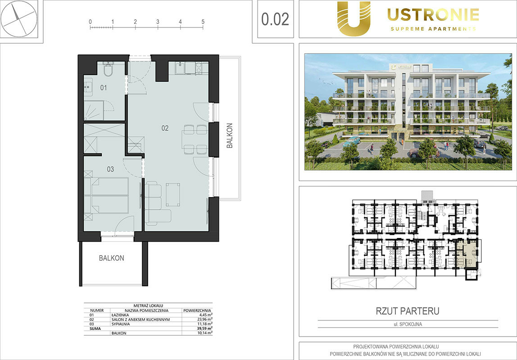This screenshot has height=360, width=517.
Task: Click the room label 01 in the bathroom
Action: (x=104, y=88)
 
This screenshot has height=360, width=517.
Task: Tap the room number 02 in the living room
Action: (x=165, y=128)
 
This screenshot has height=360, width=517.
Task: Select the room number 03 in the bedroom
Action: (x=110, y=169)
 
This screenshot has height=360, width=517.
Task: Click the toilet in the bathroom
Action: (x=108, y=70)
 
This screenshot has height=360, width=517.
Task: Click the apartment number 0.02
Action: (x=275, y=19)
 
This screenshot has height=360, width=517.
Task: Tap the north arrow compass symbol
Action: (x=19, y=18)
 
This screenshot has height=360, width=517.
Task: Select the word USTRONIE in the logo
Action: (x=433, y=15)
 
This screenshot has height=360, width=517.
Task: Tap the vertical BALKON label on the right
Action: (x=230, y=135)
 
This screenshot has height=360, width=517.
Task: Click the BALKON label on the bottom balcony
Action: (x=111, y=258)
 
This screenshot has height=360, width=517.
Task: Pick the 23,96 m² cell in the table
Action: (x=205, y=319)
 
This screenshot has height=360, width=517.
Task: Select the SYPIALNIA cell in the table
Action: (x=121, y=324)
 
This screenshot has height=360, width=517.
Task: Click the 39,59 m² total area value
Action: (x=205, y=328)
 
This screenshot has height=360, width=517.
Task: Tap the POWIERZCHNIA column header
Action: (x=197, y=310)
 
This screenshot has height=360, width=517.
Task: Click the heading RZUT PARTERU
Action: (x=408, y=311)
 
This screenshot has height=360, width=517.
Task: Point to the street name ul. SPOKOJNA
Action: (x=408, y=324)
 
